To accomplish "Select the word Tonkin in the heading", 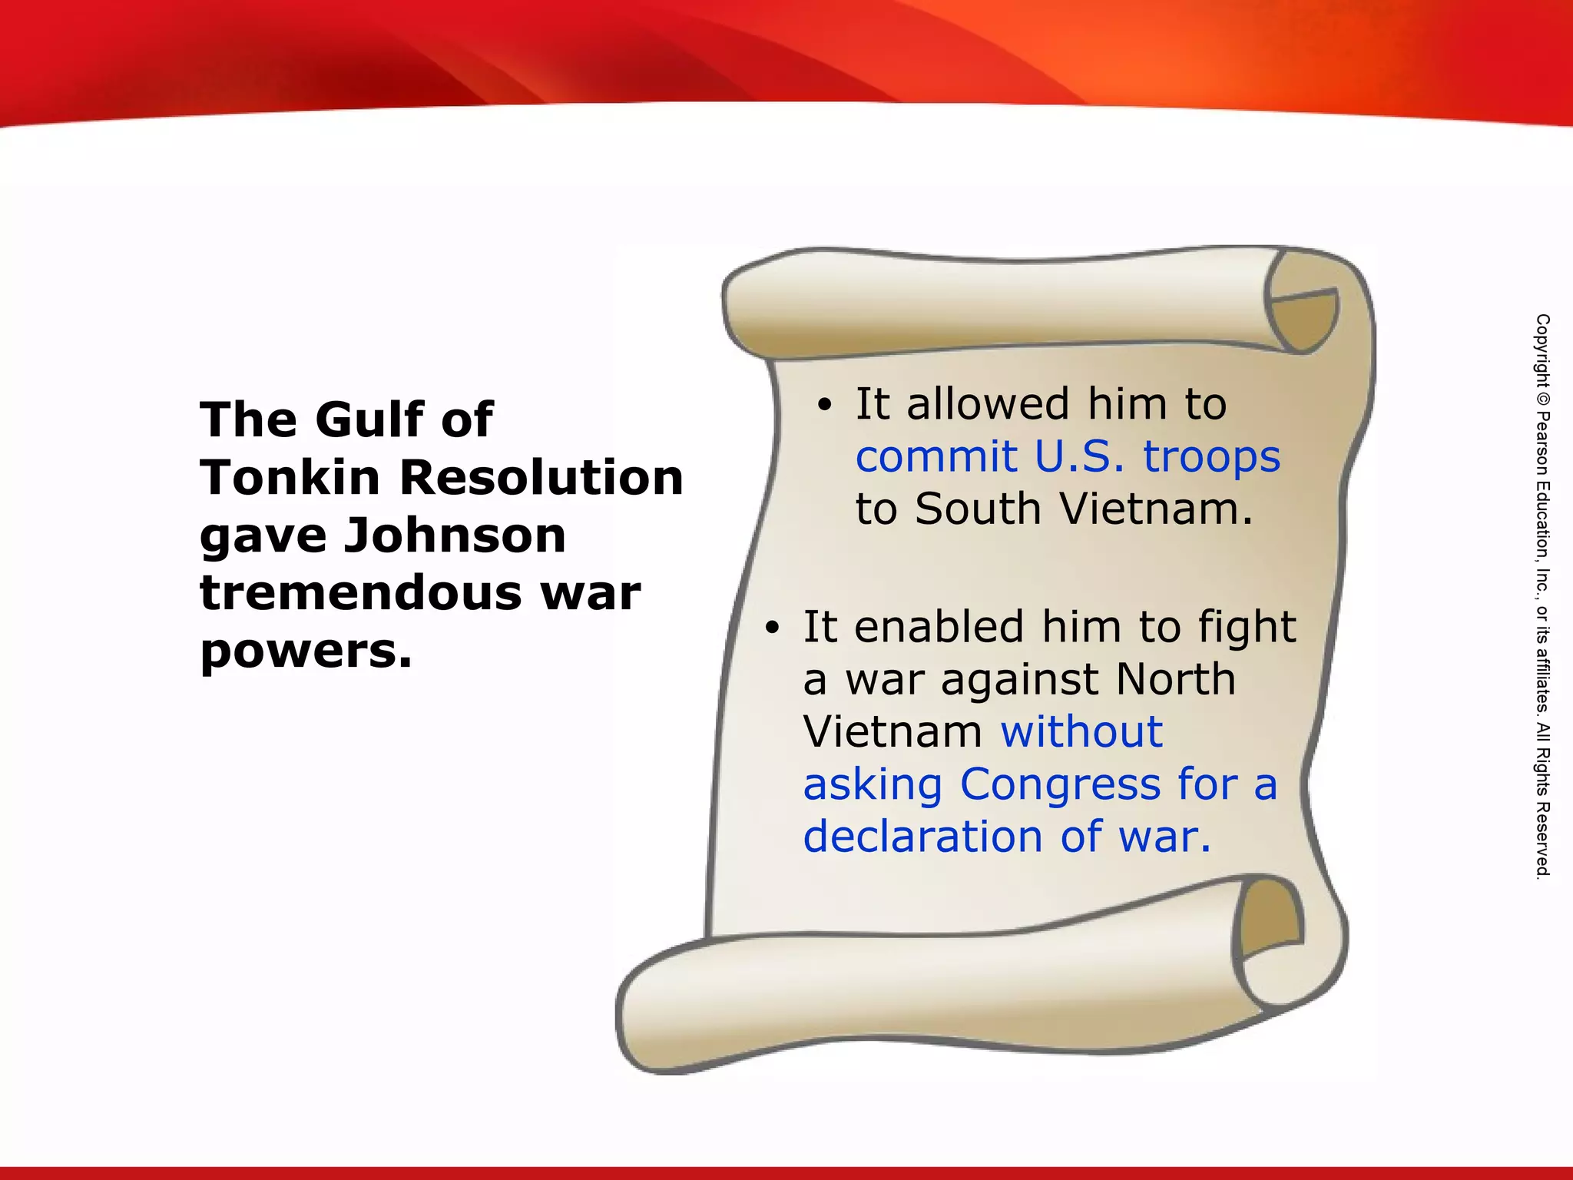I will pos(290,478).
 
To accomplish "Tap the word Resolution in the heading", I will pos(541,478).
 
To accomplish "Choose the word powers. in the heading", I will pos(306,651).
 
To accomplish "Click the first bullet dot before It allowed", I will pos(824,406).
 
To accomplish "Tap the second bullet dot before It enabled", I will pos(772,628).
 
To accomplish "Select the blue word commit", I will pos(936,457).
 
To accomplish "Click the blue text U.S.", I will pos(1079,457).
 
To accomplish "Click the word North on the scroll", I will pos(1175,679).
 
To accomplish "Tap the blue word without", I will pos(1081,731).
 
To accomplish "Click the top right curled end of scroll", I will pos(1303,311).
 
